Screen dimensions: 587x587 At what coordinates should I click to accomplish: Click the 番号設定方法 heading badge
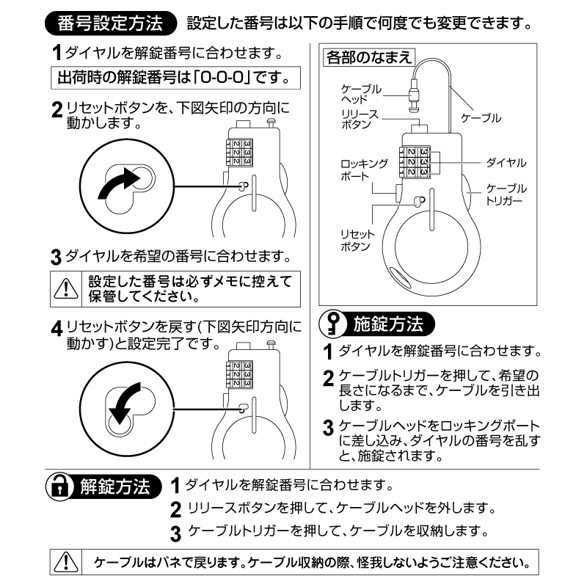(111, 23)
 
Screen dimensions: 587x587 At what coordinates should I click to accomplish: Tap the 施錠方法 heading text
(388, 324)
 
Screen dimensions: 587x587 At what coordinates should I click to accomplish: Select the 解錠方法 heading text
(115, 486)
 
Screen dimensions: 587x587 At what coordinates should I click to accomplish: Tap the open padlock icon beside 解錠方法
(59, 486)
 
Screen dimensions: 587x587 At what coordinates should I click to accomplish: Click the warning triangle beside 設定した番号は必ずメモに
(66, 288)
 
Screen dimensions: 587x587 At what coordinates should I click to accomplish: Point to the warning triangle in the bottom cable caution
(66, 562)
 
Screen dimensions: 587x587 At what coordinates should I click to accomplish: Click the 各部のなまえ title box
(369, 58)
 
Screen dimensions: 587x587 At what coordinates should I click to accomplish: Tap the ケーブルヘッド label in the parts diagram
(361, 94)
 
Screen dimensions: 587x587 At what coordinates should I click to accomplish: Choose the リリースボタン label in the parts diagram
(360, 120)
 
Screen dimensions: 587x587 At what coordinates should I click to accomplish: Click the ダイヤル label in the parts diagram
(506, 163)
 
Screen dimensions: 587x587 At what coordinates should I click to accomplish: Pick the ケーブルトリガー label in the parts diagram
(506, 194)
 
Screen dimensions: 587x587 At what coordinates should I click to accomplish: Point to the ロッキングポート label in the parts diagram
(364, 170)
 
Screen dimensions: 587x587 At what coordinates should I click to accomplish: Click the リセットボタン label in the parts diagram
(357, 241)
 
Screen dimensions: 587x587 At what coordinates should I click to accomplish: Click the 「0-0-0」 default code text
(222, 78)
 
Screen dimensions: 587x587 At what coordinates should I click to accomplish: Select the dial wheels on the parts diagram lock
(415, 161)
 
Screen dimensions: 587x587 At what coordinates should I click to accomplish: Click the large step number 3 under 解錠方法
(175, 534)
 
